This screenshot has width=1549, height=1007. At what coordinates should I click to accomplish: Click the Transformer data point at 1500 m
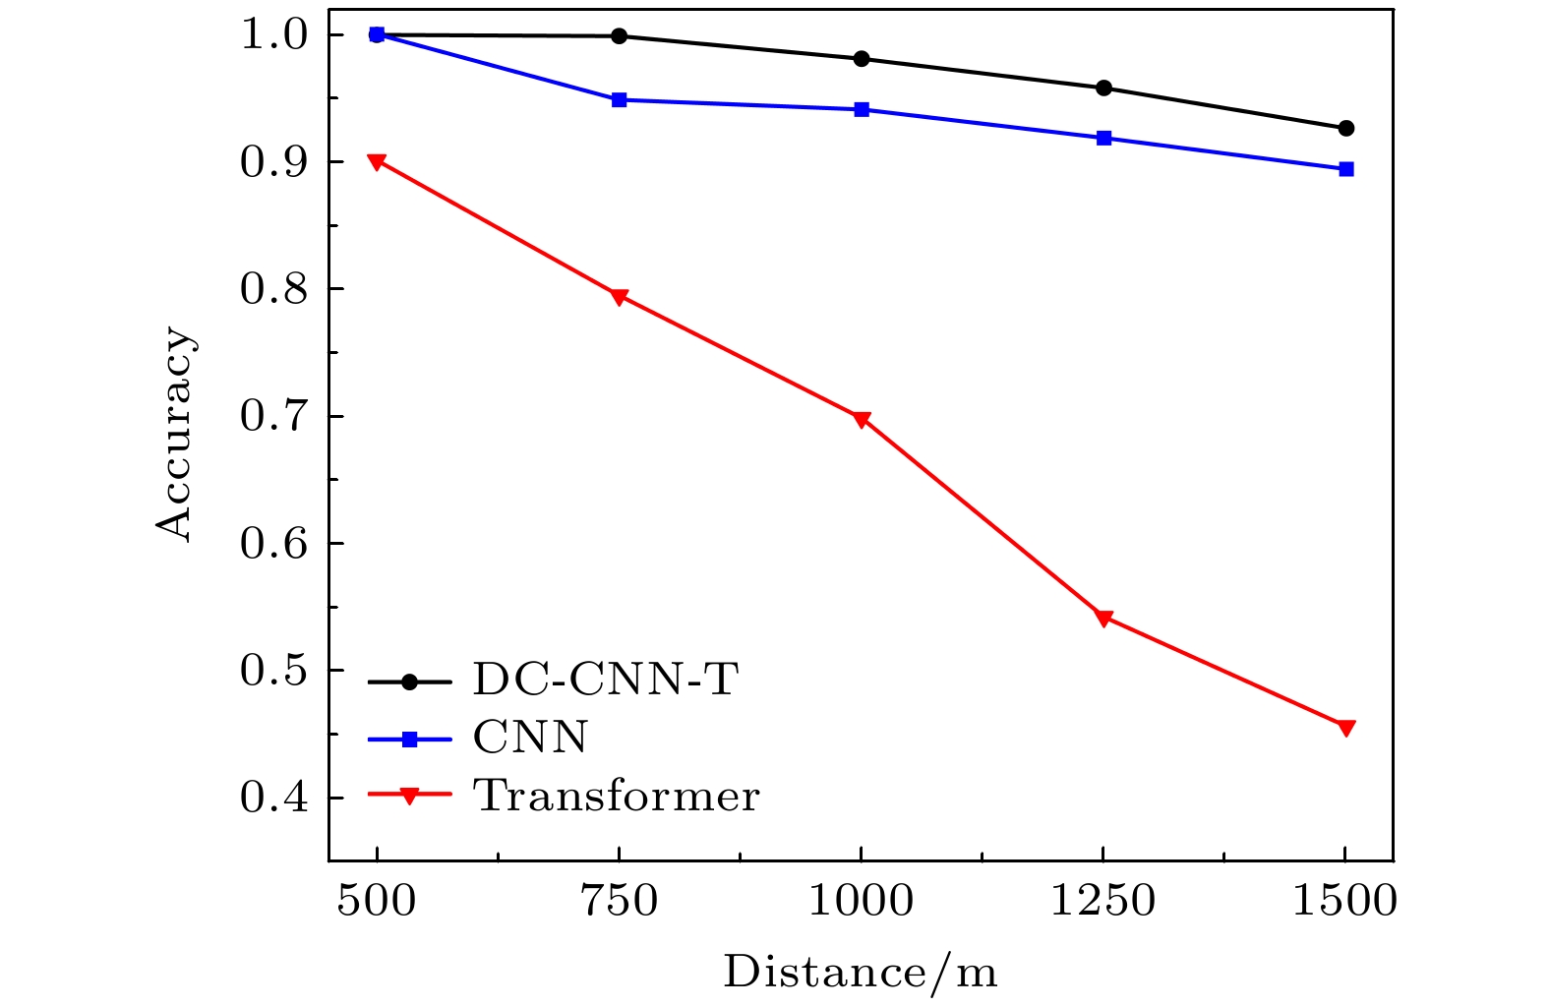[x=1346, y=728]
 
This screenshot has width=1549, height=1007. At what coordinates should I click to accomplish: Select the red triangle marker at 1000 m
[x=862, y=420]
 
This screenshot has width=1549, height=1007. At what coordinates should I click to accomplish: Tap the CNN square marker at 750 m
[x=619, y=100]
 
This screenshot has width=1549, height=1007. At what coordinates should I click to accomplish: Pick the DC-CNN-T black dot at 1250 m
[x=1103, y=89]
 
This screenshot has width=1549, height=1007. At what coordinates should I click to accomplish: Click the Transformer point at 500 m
[x=377, y=161]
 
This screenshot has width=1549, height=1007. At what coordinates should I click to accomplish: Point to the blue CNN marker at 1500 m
[x=1346, y=169]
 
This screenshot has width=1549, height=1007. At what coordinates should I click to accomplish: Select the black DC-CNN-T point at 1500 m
[x=1346, y=128]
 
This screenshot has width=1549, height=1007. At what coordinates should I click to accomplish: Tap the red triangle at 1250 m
[x=1103, y=619]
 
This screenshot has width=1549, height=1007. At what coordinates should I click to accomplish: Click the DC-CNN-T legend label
[x=605, y=679]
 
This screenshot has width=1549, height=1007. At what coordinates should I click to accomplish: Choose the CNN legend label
[x=530, y=737]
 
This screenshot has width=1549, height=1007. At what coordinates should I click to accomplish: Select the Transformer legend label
[x=617, y=796]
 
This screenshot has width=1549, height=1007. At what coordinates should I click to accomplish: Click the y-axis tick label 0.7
[x=273, y=416]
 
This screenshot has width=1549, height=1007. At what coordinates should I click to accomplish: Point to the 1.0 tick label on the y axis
[x=273, y=35]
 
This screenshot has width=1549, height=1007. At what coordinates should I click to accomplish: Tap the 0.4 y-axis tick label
[x=273, y=798]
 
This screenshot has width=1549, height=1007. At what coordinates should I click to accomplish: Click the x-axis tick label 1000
[x=861, y=901]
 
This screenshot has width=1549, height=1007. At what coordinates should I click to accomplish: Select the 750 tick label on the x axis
[x=620, y=901]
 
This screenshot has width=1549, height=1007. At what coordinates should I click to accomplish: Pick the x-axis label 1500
[x=1344, y=901]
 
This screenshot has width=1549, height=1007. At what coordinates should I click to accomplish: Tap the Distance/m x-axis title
[x=861, y=973]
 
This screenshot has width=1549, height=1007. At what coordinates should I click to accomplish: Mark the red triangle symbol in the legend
[x=409, y=796]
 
